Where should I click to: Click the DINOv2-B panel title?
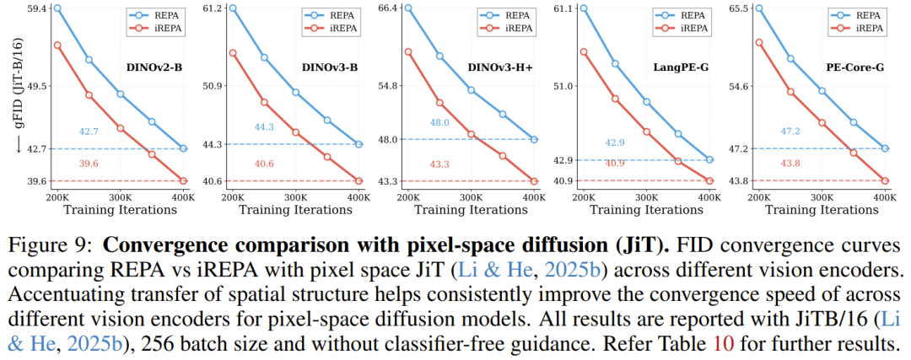coord(154,68)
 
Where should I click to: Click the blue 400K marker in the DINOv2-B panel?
coord(183,148)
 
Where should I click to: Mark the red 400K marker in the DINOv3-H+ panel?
coord(534,180)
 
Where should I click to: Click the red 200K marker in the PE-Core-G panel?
coord(758,42)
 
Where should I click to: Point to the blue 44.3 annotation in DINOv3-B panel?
coord(264,127)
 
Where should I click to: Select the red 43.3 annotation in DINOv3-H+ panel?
coord(439,164)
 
